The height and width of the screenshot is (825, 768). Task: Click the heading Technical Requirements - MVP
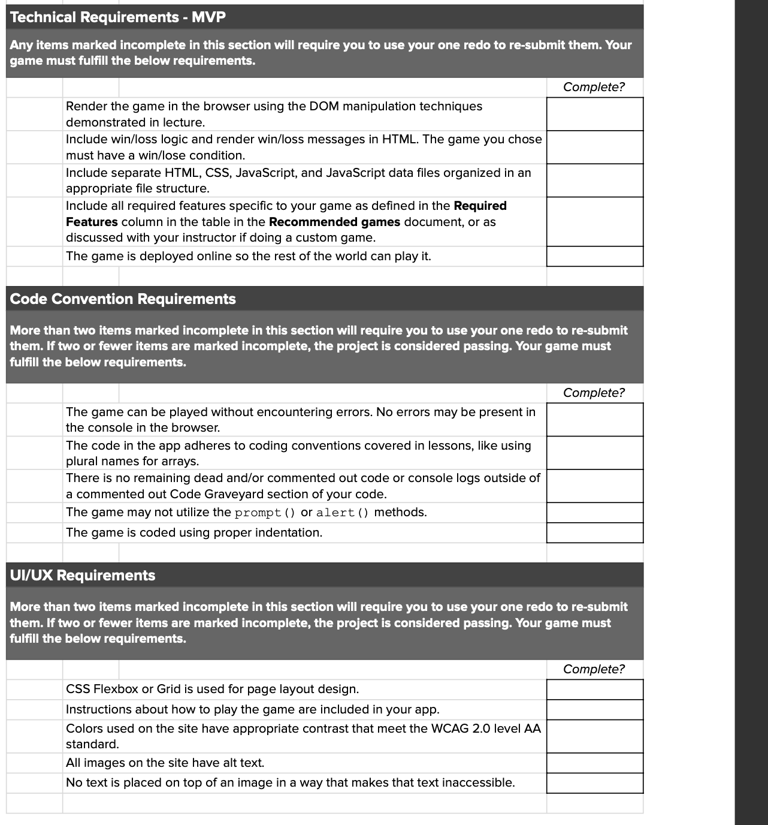pyautogui.click(x=118, y=17)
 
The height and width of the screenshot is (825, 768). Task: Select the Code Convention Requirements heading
pyautogui.click(x=123, y=299)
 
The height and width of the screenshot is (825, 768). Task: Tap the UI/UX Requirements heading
pyautogui.click(x=83, y=575)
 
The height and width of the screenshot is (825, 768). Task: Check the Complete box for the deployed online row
pyautogui.click(x=594, y=257)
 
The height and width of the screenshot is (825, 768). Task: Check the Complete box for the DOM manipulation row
pyautogui.click(x=594, y=114)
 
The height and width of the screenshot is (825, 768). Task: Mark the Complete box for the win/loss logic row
pyautogui.click(x=594, y=147)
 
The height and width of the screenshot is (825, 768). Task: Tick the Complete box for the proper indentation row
pyautogui.click(x=594, y=533)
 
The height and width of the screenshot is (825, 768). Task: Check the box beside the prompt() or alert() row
pyautogui.click(x=594, y=513)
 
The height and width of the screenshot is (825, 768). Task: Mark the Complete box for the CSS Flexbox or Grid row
pyautogui.click(x=594, y=689)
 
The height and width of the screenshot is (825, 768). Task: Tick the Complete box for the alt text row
pyautogui.click(x=594, y=763)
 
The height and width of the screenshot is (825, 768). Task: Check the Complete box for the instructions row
pyautogui.click(x=594, y=710)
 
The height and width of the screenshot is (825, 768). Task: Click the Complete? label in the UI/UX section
pyautogui.click(x=593, y=669)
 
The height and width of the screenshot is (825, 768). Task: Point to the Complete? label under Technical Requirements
pyautogui.click(x=593, y=87)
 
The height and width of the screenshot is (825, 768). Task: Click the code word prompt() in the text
pyautogui.click(x=265, y=513)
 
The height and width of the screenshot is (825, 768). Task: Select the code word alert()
pyautogui.click(x=343, y=513)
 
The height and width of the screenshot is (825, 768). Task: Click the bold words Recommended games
pyautogui.click(x=334, y=222)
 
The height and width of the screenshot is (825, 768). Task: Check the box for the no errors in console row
pyautogui.click(x=594, y=420)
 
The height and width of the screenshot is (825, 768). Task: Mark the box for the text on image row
pyautogui.click(x=594, y=783)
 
